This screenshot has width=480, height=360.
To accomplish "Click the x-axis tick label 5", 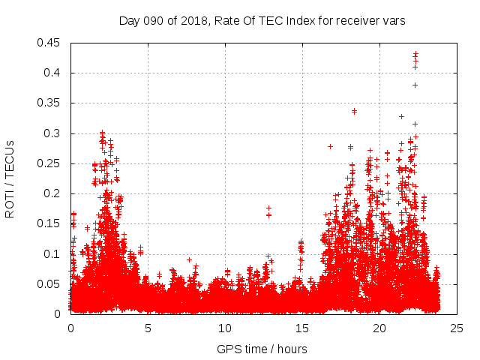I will [x=148, y=328].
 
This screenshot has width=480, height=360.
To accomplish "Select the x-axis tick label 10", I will [x=225, y=328].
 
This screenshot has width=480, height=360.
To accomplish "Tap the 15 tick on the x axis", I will [x=302, y=328].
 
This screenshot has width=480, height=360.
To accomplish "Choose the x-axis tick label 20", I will [x=379, y=328].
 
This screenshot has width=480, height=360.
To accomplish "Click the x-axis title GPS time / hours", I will [x=262, y=349].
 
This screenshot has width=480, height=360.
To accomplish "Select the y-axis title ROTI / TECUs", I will [x=10, y=178].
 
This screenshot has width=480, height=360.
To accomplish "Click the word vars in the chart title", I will [x=393, y=21].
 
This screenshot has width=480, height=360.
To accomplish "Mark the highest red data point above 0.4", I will [x=415, y=53].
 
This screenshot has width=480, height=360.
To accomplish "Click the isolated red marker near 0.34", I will [x=354, y=111].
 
